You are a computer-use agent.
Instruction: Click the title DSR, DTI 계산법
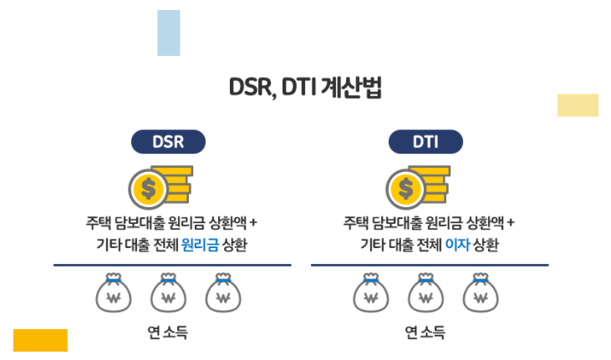coord(305,89)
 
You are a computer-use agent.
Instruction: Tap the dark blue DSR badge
coord(168,141)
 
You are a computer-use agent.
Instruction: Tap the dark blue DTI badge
coord(425,141)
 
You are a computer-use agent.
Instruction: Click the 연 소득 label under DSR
coord(167,332)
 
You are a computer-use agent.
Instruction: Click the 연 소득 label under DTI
coord(425,332)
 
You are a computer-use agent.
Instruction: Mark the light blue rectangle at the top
coord(169,33)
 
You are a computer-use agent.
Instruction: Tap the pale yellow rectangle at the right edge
coord(578,105)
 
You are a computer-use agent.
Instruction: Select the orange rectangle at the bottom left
coord(40,340)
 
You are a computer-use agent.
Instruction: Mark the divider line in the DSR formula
coord(172,265)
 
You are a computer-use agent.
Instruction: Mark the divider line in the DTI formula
coord(430,265)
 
